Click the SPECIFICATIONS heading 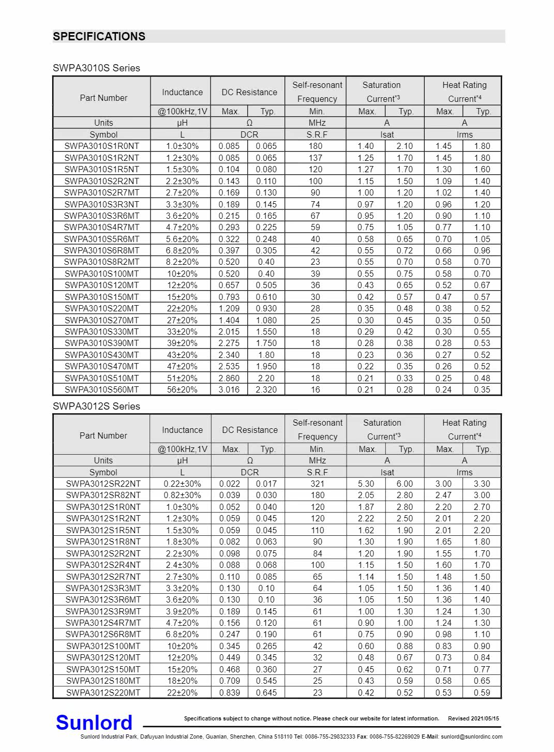pos(99,36)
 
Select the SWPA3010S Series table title pos(96,68)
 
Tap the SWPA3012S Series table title pos(96,406)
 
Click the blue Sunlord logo pos(94,722)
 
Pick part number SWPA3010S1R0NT pos(102,146)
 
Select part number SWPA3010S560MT pos(102,389)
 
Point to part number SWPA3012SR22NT pos(103,484)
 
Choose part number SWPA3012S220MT pos(103,693)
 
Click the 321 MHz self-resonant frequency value pos(318,484)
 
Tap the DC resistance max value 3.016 pos(229,389)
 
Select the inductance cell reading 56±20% pos(182,389)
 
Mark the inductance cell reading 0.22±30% pos(182,484)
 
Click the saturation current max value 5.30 pos(366,484)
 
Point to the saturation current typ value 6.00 pos(405,484)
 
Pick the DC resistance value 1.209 pos(229,308)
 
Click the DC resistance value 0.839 pos(229,693)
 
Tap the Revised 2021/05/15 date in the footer pos(473,718)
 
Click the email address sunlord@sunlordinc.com pos(471,736)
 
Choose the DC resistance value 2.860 pos(229,378)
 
